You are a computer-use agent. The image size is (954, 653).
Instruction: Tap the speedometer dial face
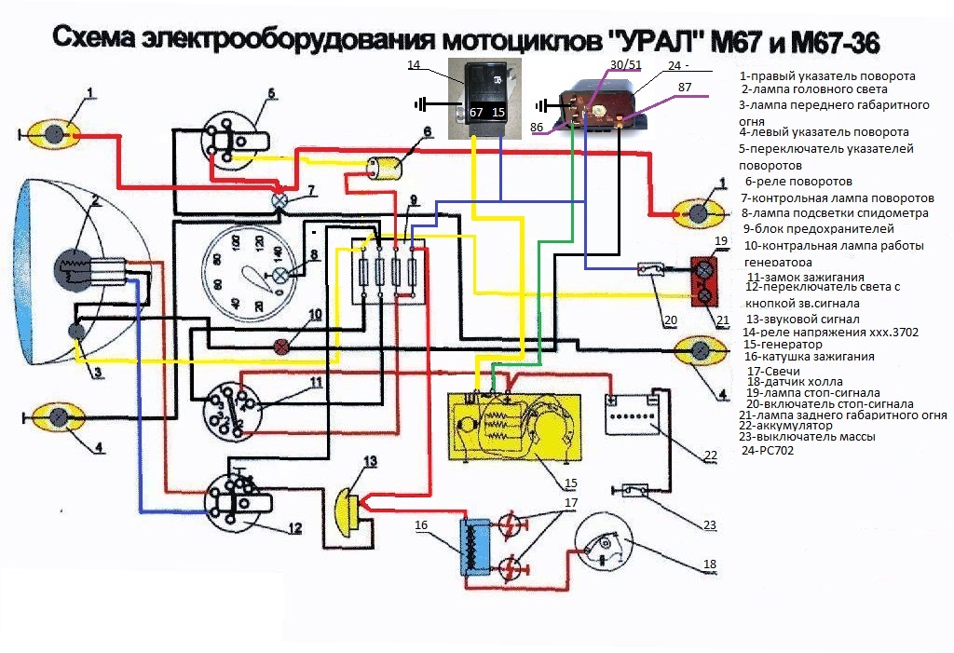(247, 275)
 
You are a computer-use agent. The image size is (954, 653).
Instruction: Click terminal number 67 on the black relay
(476, 112)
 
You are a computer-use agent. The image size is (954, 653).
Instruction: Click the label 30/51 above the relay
(625, 64)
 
